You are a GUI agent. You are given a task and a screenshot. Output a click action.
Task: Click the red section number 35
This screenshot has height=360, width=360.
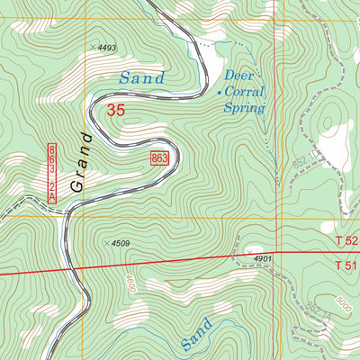tap(115, 111)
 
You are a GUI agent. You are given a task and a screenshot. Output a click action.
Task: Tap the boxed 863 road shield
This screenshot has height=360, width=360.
tap(160, 158)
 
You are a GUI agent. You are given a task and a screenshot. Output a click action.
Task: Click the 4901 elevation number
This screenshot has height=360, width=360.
tap(262, 258)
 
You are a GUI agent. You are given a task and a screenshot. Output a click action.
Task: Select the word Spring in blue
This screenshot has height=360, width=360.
tap(246, 108)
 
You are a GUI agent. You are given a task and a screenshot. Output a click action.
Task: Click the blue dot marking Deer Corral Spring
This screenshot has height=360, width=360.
tap(219, 91)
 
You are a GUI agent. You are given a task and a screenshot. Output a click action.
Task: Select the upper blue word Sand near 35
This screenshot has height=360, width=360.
tap(142, 79)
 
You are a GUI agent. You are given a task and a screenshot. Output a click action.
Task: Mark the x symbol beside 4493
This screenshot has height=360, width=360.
tap(92, 46)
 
